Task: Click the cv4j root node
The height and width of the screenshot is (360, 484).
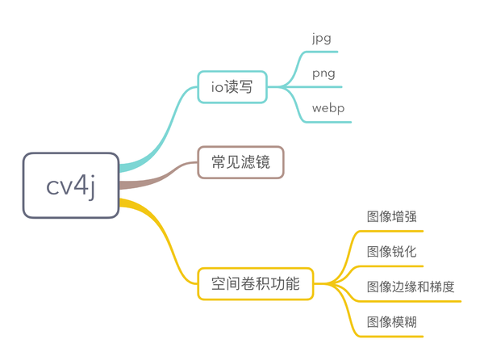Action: point(71,186)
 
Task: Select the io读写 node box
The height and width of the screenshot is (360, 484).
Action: point(232,87)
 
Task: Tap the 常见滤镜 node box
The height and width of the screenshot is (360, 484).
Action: point(240,162)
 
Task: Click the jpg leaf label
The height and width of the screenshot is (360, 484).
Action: point(321,39)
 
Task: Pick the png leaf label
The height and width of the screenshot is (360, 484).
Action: point(323,73)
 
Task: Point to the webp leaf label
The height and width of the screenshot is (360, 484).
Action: point(328,108)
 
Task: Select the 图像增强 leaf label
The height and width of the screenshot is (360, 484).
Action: point(391,217)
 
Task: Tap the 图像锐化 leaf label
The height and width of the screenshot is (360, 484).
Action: point(391,252)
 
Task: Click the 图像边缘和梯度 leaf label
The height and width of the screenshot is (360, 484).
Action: point(410,287)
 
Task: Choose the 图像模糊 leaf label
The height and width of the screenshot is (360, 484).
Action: point(391,322)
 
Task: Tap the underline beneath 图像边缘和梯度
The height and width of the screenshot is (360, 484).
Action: point(411,301)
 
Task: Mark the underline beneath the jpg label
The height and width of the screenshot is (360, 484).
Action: point(323,52)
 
